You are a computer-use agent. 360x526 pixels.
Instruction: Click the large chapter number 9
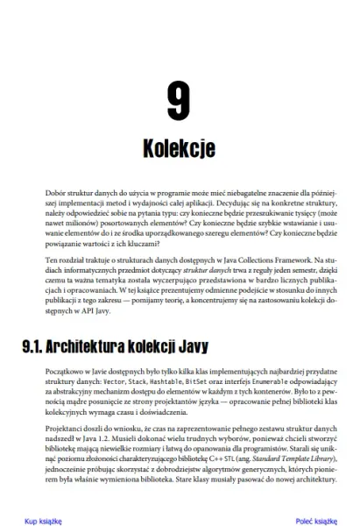tap(178, 103)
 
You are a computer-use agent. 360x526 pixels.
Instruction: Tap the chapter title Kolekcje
tap(178, 148)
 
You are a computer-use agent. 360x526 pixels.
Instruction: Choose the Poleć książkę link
tap(316, 519)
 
